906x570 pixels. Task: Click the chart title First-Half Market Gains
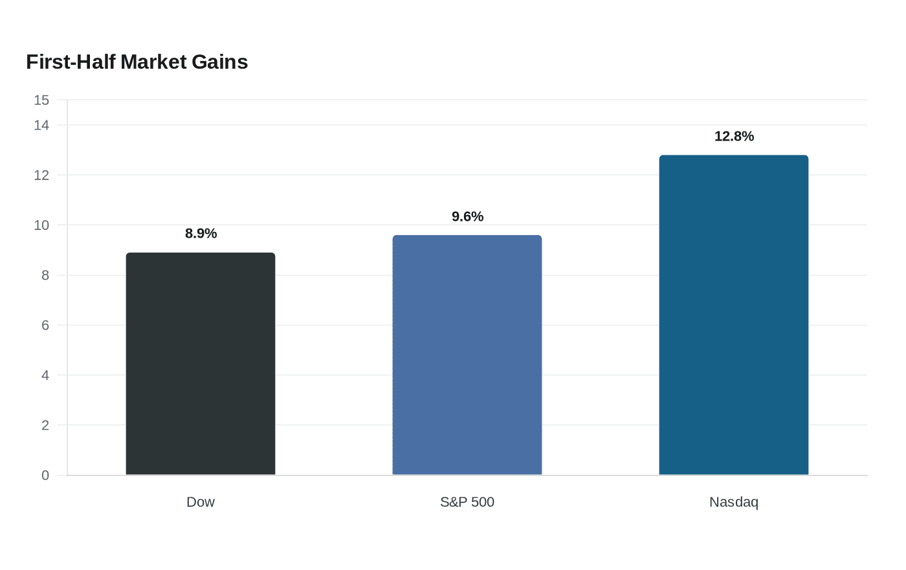(137, 62)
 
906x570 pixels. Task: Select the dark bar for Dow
(201, 363)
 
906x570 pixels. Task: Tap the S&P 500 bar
(467, 355)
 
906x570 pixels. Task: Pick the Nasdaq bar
(734, 315)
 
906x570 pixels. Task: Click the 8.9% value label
(201, 233)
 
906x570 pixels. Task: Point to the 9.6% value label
(467, 216)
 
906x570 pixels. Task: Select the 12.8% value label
(734, 137)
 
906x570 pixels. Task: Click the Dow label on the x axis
(201, 502)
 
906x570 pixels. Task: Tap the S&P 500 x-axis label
(467, 502)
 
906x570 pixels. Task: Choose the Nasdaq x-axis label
(734, 503)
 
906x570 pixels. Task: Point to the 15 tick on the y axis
(41, 100)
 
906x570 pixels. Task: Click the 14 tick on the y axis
(41, 125)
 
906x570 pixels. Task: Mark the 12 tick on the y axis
(41, 176)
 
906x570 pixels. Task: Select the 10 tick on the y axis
(41, 225)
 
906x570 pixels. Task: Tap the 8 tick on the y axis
(45, 275)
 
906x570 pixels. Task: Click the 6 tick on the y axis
(45, 325)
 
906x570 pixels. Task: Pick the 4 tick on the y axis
(45, 375)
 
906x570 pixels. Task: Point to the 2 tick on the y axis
(45, 425)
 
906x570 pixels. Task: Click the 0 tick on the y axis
(45, 475)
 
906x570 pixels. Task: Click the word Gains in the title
(219, 62)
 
